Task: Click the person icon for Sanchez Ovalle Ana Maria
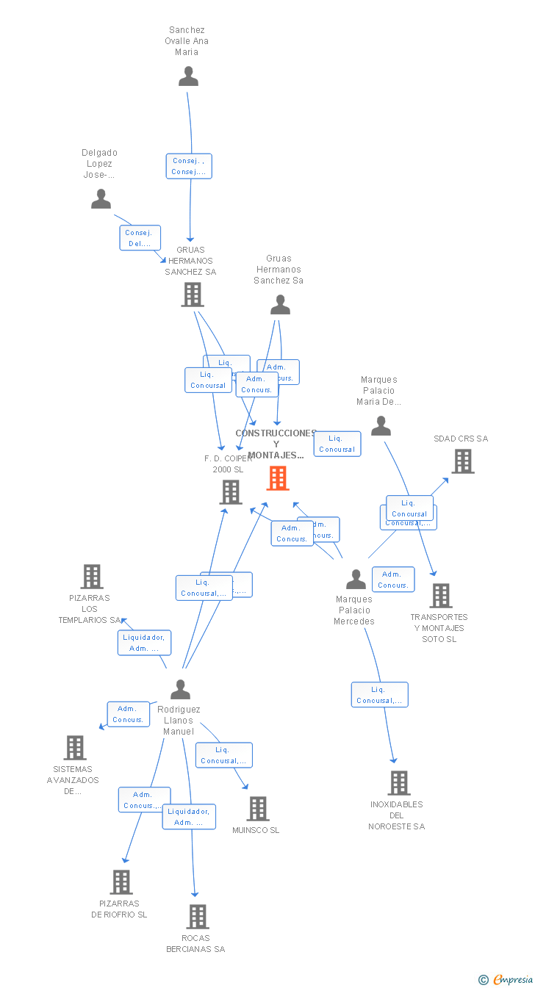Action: [x=189, y=76]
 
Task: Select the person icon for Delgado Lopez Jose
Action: [x=101, y=198]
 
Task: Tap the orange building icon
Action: [x=278, y=478]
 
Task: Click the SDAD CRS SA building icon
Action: [x=462, y=461]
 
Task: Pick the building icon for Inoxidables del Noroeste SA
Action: [x=398, y=783]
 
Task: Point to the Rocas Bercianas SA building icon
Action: [x=197, y=917]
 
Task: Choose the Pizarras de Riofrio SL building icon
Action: [x=121, y=882]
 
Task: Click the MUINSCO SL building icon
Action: [x=257, y=809]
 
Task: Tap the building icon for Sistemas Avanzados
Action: [x=75, y=748]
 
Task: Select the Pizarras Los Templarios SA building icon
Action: [x=91, y=577]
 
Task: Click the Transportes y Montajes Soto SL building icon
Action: [x=440, y=596]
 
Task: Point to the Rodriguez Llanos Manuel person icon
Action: [x=180, y=689]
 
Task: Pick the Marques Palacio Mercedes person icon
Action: [x=356, y=579]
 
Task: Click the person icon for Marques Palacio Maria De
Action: [x=381, y=425]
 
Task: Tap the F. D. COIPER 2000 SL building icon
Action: [x=231, y=492]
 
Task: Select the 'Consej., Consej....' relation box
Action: [x=189, y=166]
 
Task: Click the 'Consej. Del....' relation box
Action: [x=140, y=238]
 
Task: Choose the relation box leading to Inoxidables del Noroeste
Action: [x=379, y=695]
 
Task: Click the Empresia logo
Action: [x=506, y=979]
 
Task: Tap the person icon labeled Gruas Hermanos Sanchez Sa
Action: [x=280, y=304]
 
